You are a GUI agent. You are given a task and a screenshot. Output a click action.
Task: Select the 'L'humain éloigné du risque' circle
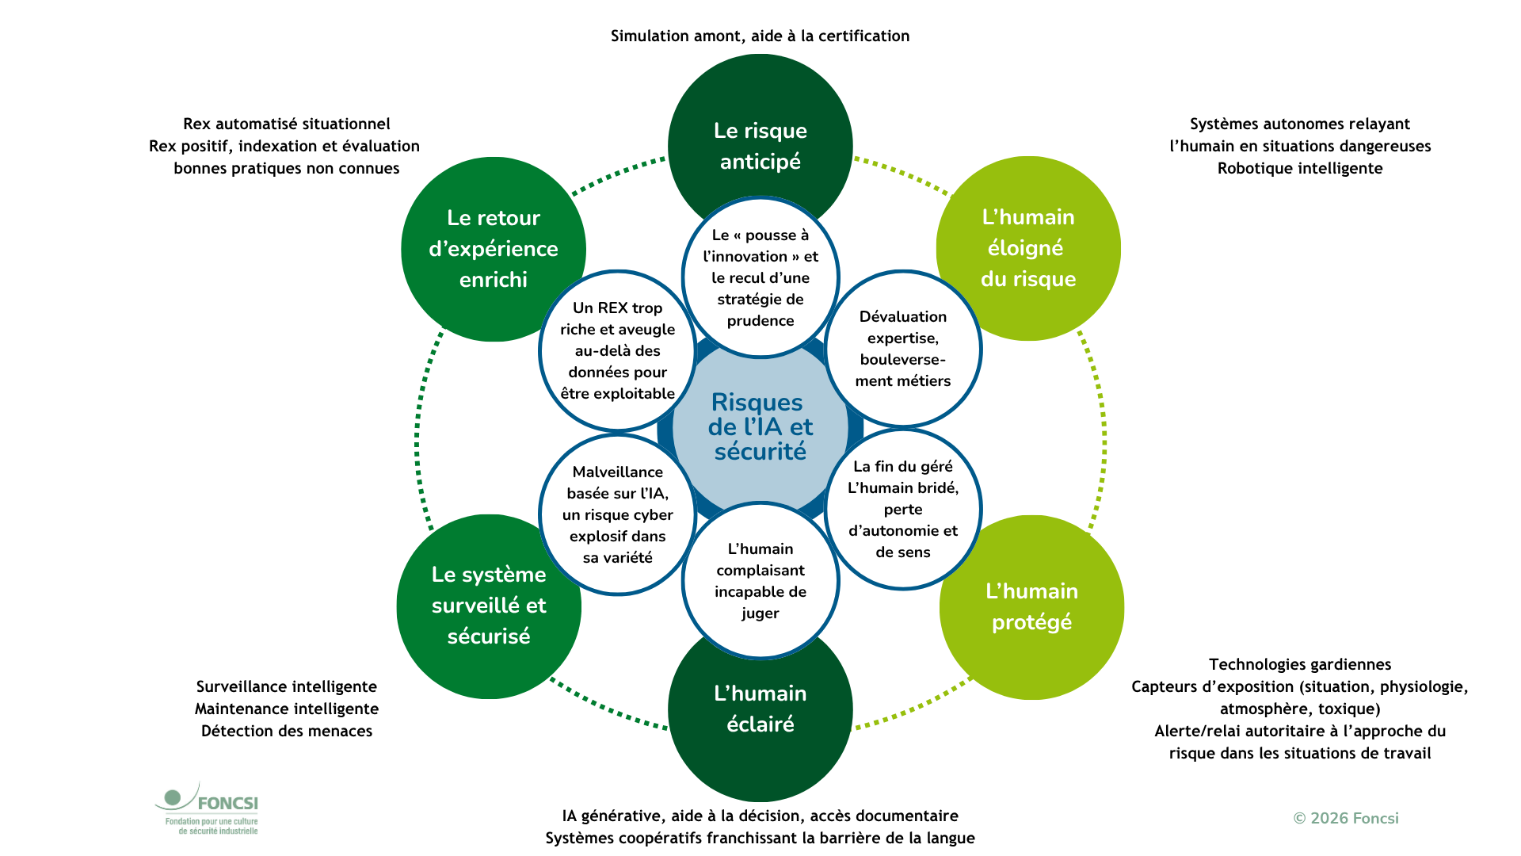tap(1028, 248)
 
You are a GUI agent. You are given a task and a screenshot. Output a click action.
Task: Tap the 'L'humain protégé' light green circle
tap(1031, 607)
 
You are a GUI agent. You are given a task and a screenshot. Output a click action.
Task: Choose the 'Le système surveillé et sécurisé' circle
tap(489, 606)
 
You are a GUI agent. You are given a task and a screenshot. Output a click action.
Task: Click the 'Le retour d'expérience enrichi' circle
tap(494, 249)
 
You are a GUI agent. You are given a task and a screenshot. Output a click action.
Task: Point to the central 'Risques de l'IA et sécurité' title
tap(760, 427)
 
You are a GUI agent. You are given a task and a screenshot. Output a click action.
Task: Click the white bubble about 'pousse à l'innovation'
tap(760, 277)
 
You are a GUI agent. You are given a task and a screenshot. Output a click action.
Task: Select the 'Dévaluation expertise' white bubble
tap(903, 349)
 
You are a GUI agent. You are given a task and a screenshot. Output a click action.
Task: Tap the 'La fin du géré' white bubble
tap(903, 509)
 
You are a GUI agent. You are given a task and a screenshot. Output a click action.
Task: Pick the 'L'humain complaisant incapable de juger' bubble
tap(760, 580)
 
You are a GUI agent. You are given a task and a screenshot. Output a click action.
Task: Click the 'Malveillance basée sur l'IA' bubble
tap(618, 514)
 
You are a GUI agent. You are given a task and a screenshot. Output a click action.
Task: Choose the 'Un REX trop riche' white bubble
tap(618, 350)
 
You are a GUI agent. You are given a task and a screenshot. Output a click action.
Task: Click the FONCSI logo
tap(207, 808)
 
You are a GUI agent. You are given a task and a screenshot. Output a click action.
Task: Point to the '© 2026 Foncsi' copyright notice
tap(1346, 818)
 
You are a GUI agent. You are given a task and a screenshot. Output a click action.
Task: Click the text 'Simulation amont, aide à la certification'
tap(760, 36)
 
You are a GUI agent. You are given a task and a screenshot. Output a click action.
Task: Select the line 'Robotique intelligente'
tap(1300, 168)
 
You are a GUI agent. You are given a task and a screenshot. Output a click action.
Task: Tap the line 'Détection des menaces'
tap(287, 731)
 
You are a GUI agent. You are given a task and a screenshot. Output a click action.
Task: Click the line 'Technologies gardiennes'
tap(1300, 664)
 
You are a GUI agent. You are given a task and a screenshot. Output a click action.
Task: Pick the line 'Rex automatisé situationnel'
tap(287, 124)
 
